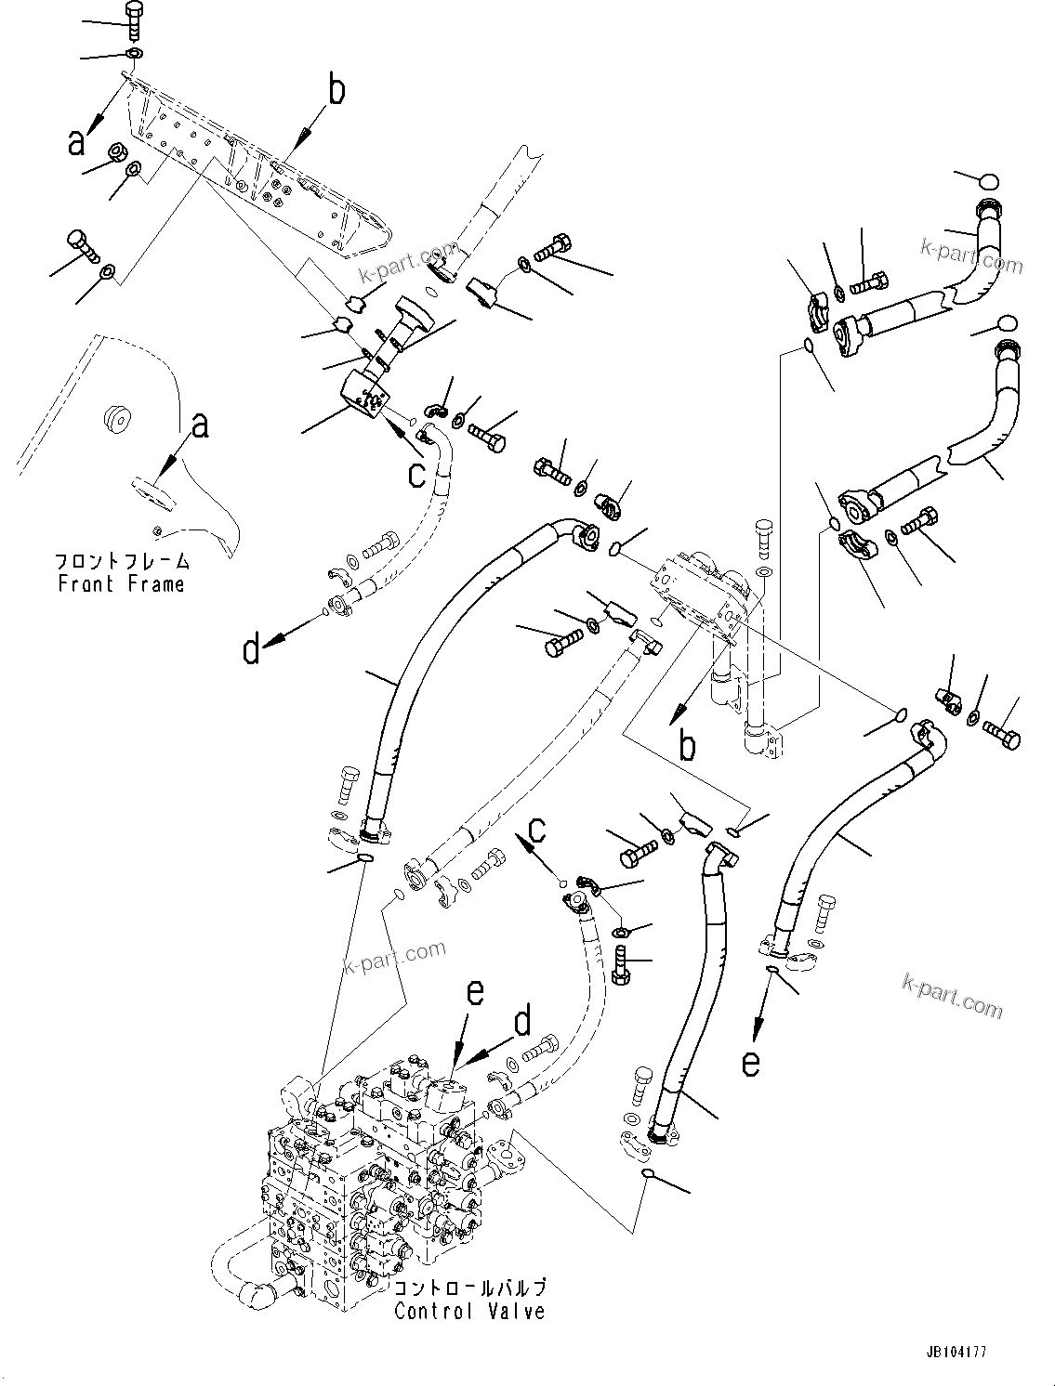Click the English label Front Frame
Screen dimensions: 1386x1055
[121, 584]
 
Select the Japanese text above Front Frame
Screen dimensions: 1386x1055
[121, 561]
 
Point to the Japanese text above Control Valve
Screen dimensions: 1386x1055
[469, 1288]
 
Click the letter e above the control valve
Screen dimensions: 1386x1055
[474, 993]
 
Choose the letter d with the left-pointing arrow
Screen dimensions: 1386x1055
[251, 649]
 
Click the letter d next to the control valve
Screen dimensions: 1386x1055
[523, 1024]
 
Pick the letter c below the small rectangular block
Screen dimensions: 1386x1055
[417, 474]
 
